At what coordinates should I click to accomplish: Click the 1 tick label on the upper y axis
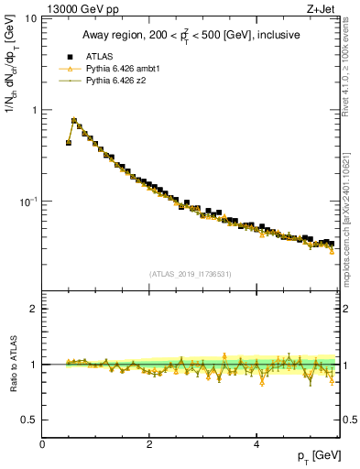tap(34, 110)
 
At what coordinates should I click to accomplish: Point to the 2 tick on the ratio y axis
tap(34, 309)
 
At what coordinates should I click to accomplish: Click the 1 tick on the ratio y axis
tap(34, 365)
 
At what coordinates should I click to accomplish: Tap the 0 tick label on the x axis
tap(42, 443)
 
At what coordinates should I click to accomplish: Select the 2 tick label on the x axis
tap(149, 443)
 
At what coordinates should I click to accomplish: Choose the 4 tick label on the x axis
tap(256, 443)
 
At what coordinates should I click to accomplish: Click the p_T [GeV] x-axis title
tap(316, 456)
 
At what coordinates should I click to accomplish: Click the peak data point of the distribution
tap(74, 120)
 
